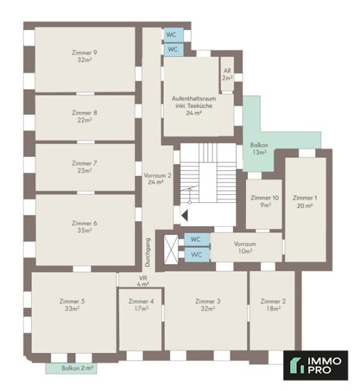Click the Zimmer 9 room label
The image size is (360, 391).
(85, 56)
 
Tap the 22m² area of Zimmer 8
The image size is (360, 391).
(85, 120)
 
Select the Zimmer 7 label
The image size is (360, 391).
(85, 167)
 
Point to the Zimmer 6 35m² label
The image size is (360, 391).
(85, 227)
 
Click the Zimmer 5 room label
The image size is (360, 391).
(72, 305)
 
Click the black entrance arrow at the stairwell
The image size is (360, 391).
(185, 215)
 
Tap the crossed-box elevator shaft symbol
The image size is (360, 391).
(171, 249)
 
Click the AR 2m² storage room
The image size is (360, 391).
(228, 74)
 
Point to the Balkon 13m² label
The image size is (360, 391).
(259, 149)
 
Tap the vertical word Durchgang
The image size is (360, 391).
(147, 253)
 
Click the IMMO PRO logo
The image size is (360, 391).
(316, 365)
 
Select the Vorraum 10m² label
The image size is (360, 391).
(245, 247)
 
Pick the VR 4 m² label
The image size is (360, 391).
(143, 281)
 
